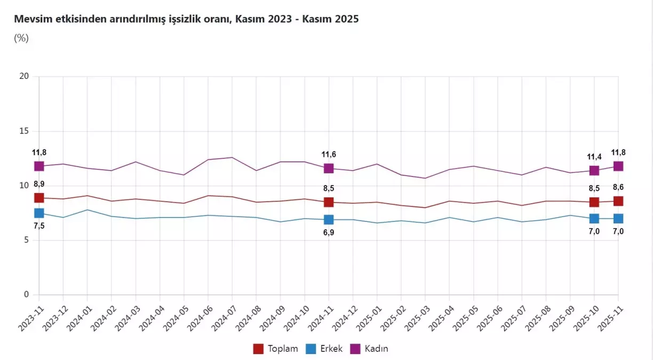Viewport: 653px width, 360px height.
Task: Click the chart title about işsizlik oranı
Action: (186, 19)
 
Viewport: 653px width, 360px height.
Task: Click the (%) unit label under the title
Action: (21, 38)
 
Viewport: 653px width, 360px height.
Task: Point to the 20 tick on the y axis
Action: (24, 76)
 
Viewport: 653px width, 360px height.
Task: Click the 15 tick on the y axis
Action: (24, 131)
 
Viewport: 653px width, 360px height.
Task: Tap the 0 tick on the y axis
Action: (26, 294)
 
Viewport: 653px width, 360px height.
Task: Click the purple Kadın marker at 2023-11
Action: (39, 166)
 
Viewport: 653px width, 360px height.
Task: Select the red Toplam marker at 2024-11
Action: (329, 202)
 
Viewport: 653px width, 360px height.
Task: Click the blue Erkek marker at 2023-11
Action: (39, 213)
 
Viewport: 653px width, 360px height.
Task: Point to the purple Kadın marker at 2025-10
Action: (594, 170)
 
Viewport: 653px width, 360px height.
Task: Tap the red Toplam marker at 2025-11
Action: (618, 201)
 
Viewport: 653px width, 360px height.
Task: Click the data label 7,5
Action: (39, 226)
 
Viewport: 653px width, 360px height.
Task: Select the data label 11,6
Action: (329, 155)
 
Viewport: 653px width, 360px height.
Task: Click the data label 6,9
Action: (329, 233)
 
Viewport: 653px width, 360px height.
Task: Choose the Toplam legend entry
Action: (275, 349)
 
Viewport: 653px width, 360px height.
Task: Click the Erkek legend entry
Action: (324, 349)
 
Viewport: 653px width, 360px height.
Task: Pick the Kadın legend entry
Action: (369, 349)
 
